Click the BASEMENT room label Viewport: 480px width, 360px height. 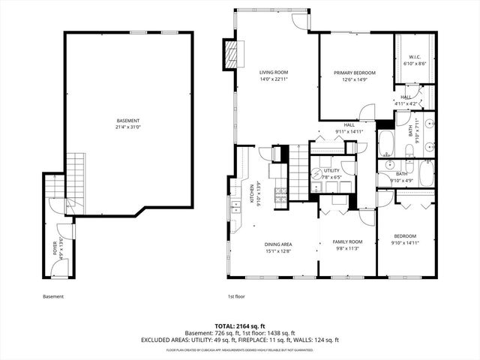(127, 121)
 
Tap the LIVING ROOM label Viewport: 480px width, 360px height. (253, 72)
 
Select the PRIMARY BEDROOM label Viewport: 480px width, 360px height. (355, 73)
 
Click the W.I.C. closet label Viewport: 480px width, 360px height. (415, 58)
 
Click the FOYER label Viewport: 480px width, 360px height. (55, 248)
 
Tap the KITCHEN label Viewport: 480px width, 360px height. (252, 193)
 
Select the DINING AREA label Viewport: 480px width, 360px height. (277, 244)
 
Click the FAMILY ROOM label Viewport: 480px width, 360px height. (347, 241)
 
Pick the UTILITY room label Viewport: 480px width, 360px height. (331, 170)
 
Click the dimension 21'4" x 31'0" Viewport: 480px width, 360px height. (127, 127)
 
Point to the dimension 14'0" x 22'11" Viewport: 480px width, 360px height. (253, 79)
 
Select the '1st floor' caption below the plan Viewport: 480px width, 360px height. (236, 297)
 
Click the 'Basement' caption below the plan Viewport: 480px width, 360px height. (53, 297)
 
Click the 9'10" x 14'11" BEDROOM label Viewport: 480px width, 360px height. (406, 235)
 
